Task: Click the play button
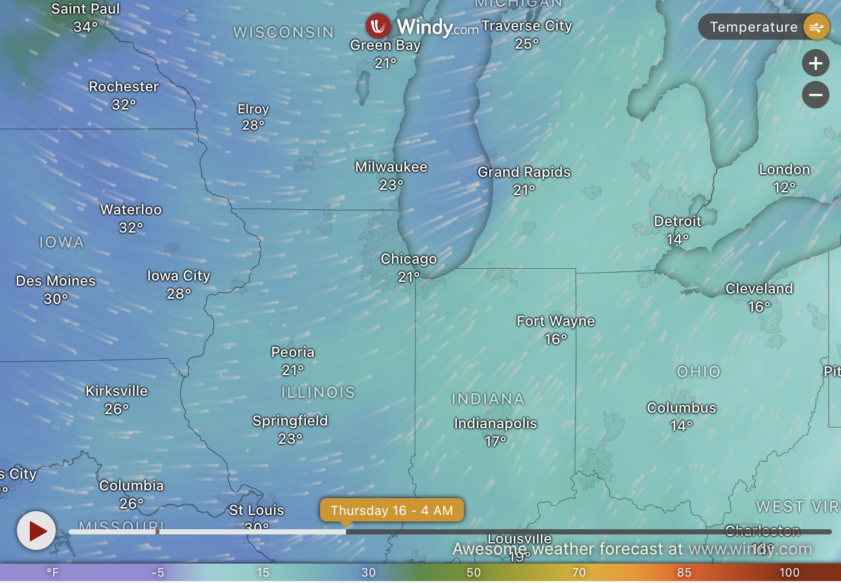(36, 531)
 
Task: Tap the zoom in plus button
(815, 63)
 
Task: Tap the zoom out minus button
(815, 95)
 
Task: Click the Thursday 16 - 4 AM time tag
(391, 510)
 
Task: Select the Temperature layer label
(753, 27)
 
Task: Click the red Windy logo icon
(378, 27)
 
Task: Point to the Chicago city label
(408, 259)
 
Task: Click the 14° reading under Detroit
(678, 240)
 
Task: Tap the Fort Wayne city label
(555, 321)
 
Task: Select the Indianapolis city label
(495, 424)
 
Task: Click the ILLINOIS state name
(318, 393)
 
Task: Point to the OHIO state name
(698, 372)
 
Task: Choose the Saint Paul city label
(86, 9)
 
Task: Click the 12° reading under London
(784, 188)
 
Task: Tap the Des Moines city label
(56, 281)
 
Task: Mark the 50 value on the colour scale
(474, 573)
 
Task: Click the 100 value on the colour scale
(789, 573)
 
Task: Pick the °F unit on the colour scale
(52, 573)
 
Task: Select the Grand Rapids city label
(524, 172)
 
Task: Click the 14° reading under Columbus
(682, 426)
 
